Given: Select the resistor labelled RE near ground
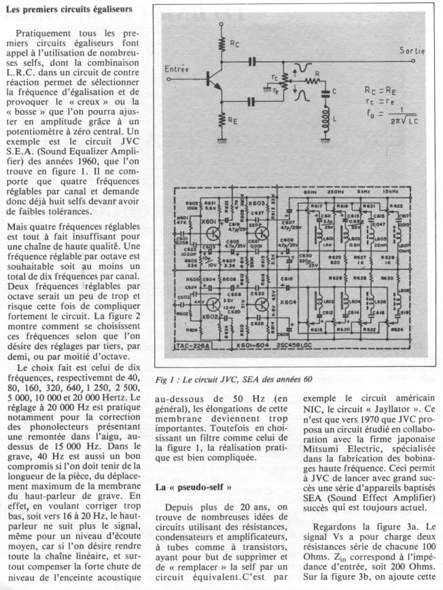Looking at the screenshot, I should coord(222,120).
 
